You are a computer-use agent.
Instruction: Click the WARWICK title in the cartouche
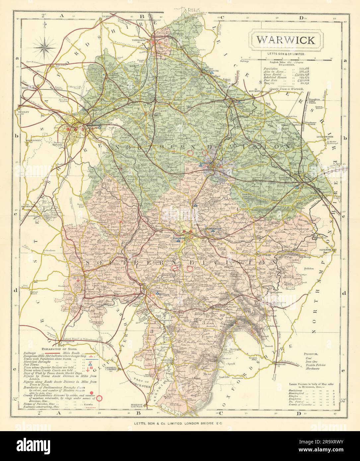pos(285,40)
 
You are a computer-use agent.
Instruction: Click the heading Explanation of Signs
pos(59,350)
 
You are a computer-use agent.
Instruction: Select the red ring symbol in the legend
pos(100,397)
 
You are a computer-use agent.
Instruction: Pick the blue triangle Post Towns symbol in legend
pos(90,363)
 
